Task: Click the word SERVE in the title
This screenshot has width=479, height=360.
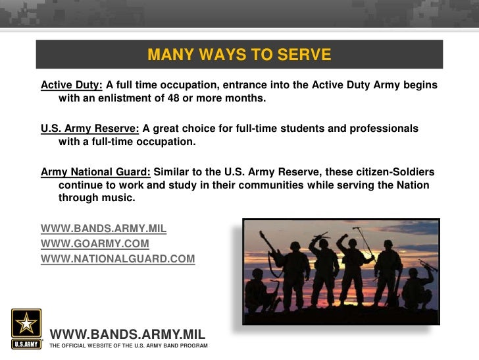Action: coord(302,54)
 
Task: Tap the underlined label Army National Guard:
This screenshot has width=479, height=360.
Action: coord(95,172)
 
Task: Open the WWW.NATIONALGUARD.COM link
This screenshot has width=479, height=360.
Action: coord(118,259)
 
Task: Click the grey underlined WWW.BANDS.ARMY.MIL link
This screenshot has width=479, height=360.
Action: coord(103,229)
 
